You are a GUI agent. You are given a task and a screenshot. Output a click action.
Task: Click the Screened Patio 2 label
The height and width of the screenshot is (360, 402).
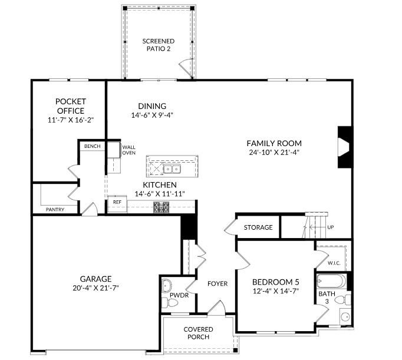(x=159, y=45)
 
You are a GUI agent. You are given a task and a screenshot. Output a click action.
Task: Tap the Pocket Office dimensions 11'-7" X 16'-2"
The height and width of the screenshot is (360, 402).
(x=71, y=120)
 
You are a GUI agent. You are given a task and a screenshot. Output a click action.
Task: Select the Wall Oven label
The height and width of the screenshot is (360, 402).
(x=128, y=150)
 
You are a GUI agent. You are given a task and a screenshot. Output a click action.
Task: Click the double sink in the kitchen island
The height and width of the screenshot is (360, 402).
(x=172, y=169)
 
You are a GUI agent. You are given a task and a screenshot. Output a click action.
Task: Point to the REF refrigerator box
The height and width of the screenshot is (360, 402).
(x=117, y=204)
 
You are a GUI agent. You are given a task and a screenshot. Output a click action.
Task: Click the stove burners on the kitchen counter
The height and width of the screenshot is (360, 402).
(x=162, y=207)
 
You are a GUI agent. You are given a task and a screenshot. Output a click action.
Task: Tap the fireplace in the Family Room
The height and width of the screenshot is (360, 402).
(x=345, y=147)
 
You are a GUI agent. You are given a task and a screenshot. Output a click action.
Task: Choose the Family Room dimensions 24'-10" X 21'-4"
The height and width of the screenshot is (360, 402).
(x=274, y=153)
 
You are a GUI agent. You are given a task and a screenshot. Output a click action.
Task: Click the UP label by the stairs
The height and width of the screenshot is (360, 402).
(x=331, y=227)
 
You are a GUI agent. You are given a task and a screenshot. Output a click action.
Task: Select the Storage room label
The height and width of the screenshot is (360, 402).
(x=258, y=227)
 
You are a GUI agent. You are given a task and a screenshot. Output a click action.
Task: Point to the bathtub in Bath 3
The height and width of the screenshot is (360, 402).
(x=331, y=281)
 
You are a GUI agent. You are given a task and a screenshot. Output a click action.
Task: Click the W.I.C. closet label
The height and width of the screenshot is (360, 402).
(x=334, y=263)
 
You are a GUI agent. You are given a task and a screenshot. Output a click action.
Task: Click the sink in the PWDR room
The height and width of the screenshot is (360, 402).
(x=167, y=285)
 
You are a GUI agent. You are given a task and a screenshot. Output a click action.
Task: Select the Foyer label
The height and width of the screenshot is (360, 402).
(x=218, y=283)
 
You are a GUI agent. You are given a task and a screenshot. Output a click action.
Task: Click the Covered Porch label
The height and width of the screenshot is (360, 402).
(x=198, y=333)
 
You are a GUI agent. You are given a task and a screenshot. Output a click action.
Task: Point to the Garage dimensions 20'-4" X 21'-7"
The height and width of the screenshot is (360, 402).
(x=95, y=288)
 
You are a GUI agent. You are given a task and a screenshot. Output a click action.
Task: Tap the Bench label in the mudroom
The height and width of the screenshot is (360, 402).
(x=93, y=146)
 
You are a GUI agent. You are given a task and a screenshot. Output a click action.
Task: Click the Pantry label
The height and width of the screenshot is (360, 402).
(x=55, y=210)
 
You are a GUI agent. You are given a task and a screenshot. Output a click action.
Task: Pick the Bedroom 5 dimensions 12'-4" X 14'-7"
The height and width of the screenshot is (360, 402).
(x=276, y=291)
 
